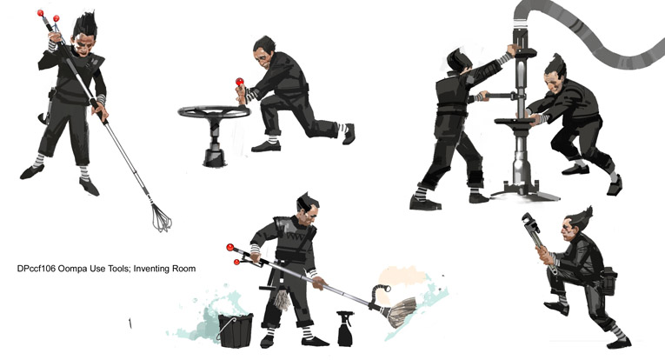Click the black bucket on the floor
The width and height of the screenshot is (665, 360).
(x=236, y=330)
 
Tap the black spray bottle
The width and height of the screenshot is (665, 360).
(x=345, y=329)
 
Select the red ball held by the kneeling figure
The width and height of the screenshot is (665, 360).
(x=240, y=82)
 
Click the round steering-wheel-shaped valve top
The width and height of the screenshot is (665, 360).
(x=214, y=112)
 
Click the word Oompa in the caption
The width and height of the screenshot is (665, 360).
(x=72, y=269)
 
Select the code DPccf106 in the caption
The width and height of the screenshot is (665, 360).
(x=36, y=269)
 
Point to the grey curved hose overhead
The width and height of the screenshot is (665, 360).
(x=589, y=30)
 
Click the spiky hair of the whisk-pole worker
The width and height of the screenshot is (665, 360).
(x=86, y=24)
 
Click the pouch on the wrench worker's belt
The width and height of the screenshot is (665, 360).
(x=609, y=281)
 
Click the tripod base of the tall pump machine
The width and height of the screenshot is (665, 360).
(x=524, y=193)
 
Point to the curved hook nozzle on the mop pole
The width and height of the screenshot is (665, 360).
(x=379, y=291)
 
